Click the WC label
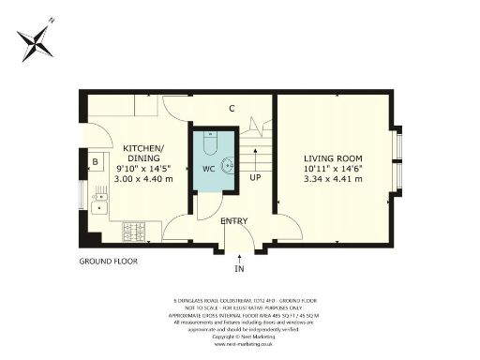(x=209, y=170)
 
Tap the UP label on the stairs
(x=253, y=177)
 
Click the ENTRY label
(x=234, y=220)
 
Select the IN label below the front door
(x=239, y=269)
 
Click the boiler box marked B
(x=95, y=161)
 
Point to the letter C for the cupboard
(x=231, y=108)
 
